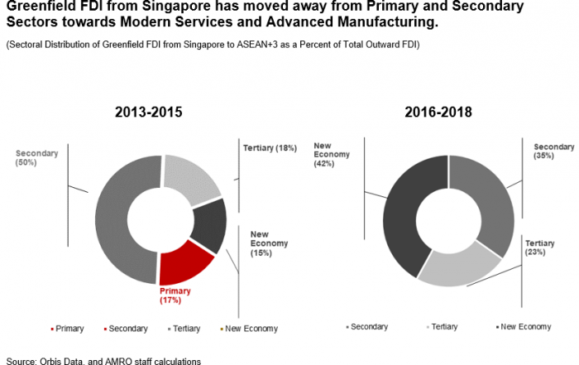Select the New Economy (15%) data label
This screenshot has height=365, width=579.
point(269,243)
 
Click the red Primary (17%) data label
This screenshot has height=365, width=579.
point(175,296)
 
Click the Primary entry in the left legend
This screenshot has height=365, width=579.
point(68,329)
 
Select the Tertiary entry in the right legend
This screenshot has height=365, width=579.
point(443,327)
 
